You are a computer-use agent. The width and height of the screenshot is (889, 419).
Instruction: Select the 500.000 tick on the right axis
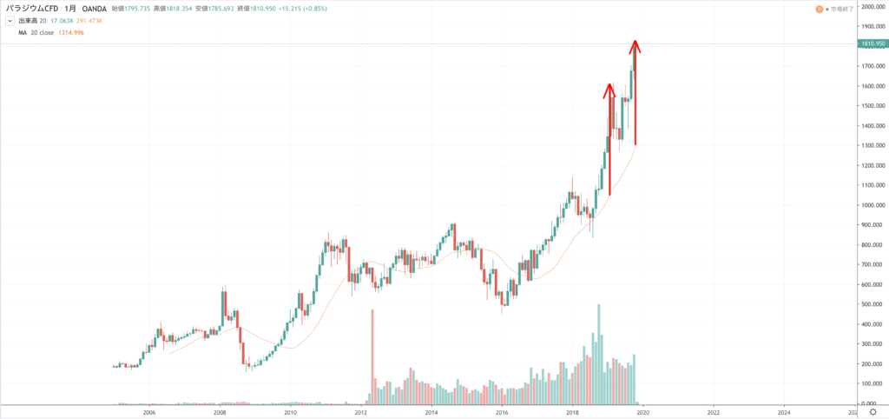(872, 304)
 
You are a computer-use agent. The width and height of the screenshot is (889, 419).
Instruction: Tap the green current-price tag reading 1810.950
(873, 43)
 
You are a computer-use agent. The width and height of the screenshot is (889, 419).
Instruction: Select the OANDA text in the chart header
(94, 8)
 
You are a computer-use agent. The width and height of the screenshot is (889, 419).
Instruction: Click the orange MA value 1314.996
(72, 32)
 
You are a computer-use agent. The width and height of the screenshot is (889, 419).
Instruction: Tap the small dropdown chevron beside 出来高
(10, 21)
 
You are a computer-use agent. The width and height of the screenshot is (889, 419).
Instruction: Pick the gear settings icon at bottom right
(873, 412)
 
